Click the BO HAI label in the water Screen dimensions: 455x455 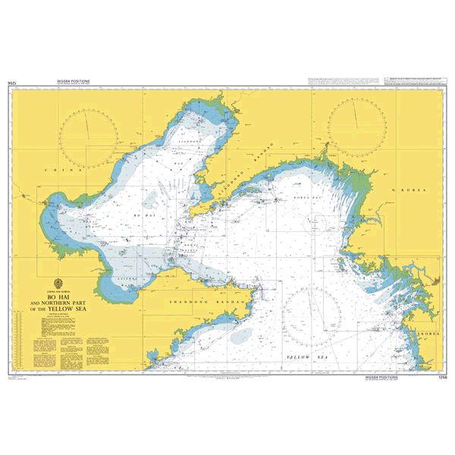click(x=143, y=217)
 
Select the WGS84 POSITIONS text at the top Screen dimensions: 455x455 click(x=74, y=79)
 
